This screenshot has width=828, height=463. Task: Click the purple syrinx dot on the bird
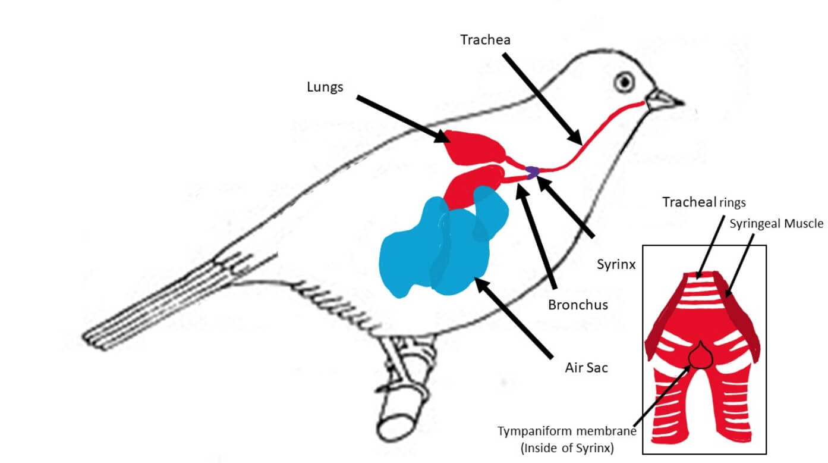pos(532,171)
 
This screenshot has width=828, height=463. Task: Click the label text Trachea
pos(485,40)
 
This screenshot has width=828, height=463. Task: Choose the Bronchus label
pos(578,305)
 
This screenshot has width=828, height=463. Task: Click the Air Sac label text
pos(586,368)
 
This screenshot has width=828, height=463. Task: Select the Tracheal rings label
pos(704,202)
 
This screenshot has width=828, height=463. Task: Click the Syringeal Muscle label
pos(776,224)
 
